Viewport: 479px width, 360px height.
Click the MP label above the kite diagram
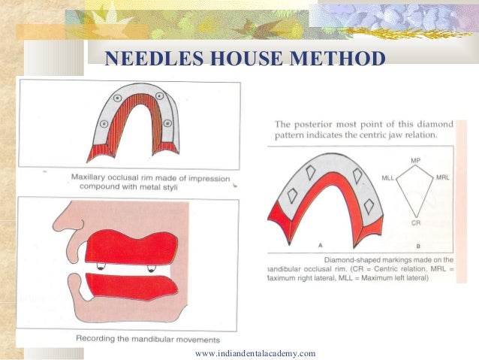pos(415,161)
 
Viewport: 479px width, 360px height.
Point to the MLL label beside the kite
pos(388,178)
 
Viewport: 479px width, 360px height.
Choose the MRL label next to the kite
pos(444,178)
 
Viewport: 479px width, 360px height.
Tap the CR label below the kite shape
pos(415,223)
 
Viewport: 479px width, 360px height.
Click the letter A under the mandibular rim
pos(320,245)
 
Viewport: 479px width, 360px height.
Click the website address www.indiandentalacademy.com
pos(255,353)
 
